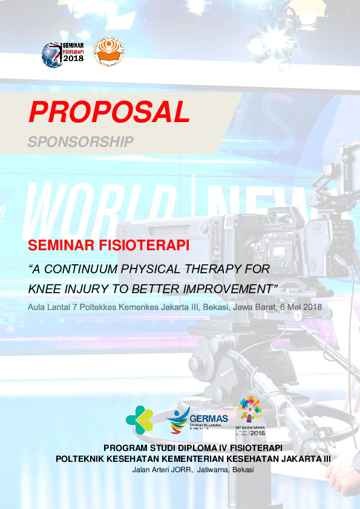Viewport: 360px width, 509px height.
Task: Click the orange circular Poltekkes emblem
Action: click(x=109, y=52)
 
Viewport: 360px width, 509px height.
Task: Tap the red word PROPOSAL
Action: click(x=110, y=112)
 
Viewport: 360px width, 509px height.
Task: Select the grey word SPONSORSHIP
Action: click(x=80, y=141)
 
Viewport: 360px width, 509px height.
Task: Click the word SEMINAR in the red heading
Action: click(x=59, y=247)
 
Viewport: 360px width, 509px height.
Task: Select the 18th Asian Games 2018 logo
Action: click(x=250, y=417)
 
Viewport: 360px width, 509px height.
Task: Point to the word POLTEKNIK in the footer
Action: click(x=82, y=459)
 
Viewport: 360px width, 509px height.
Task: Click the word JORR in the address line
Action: click(x=178, y=470)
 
